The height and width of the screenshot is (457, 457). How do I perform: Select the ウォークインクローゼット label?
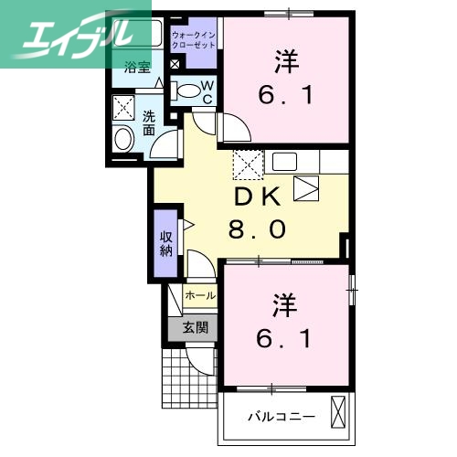(194, 38)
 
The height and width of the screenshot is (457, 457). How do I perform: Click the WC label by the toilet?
(207, 91)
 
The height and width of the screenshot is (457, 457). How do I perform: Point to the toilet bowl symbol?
(187, 90)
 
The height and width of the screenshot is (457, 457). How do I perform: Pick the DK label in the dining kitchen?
(260, 197)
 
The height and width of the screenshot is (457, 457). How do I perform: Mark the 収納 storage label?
(165, 242)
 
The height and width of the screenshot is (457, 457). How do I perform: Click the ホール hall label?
(200, 296)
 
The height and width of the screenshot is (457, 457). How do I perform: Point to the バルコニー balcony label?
(282, 416)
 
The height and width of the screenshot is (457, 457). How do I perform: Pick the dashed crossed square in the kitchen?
(248, 165)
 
